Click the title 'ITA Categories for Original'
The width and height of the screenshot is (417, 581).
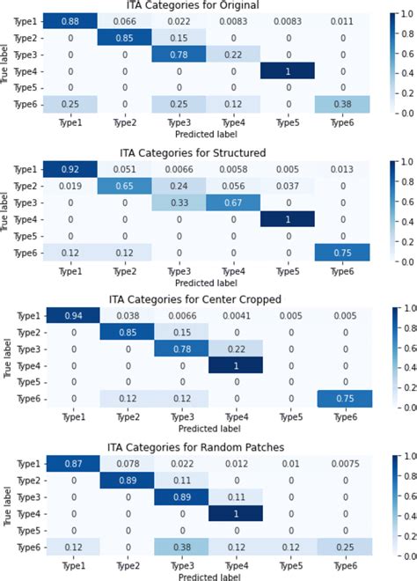coord(196,7)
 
